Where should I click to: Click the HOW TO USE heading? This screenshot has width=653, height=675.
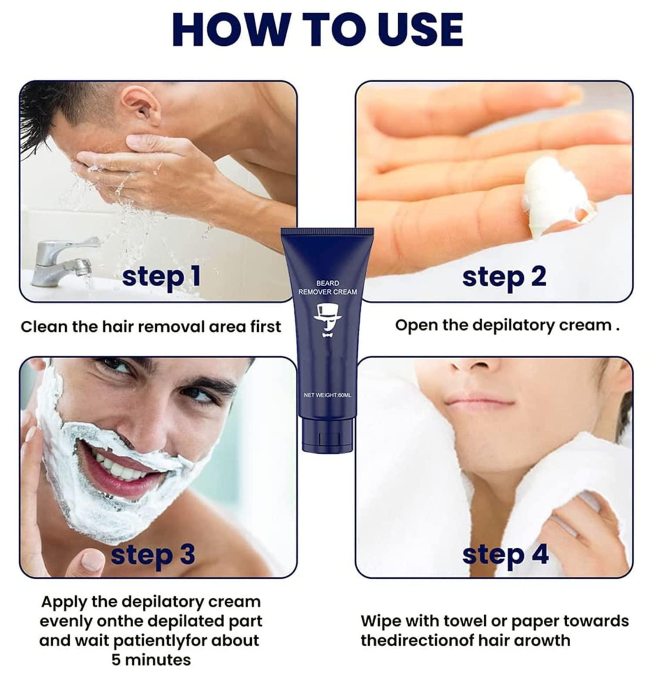tap(318, 29)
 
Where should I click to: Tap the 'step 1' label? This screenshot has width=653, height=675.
tap(161, 277)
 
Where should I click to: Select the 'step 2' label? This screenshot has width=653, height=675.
tap(504, 277)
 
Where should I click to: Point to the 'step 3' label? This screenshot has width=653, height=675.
tap(152, 554)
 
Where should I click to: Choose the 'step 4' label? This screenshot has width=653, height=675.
tap(505, 555)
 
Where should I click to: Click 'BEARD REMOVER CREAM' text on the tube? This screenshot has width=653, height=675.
tap(327, 288)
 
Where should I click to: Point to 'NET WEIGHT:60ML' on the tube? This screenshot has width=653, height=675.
tap(327, 395)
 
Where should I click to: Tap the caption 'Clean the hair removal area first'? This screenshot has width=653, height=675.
tap(151, 326)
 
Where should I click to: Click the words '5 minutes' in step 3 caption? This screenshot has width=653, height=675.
tap(151, 660)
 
